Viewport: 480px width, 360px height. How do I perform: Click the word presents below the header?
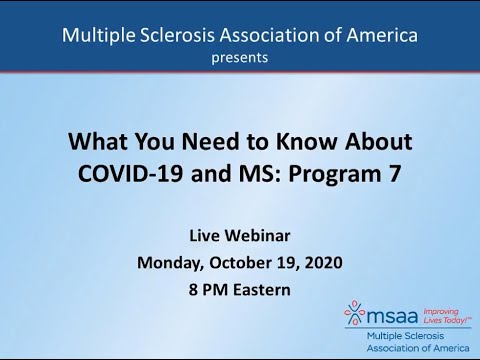(x=239, y=58)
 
